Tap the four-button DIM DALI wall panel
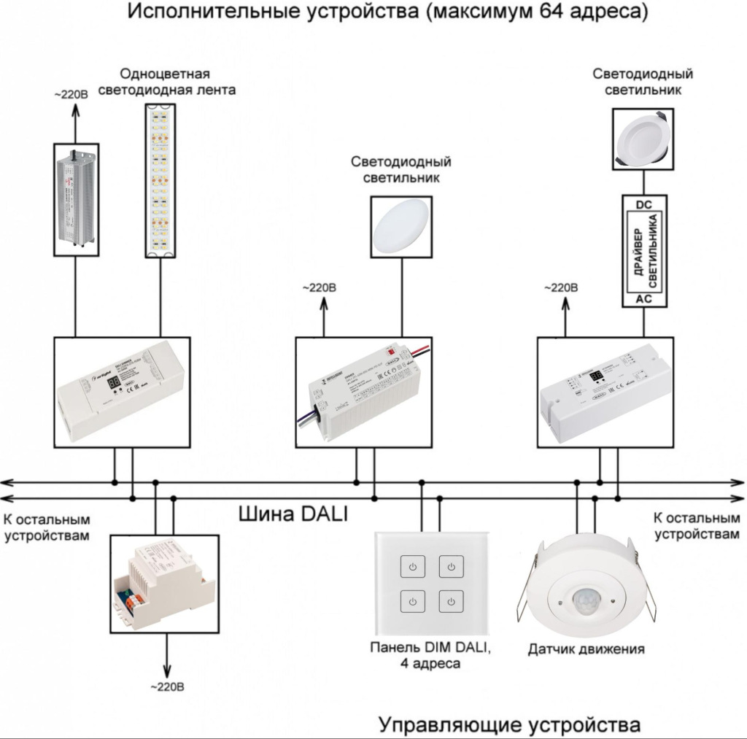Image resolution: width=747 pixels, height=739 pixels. click(432, 584)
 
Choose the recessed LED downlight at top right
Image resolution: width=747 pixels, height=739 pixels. click(643, 139)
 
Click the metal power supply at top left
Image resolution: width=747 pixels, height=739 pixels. click(77, 196)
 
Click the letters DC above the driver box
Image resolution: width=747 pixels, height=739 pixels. click(643, 205)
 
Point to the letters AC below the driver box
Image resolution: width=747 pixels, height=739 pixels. click(643, 299)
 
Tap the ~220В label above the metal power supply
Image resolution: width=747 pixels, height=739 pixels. click(73, 95)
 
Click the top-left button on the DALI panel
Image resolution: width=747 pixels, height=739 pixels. click(413, 567)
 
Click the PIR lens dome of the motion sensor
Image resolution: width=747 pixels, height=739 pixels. click(588, 600)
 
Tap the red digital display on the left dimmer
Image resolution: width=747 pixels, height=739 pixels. click(115, 382)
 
